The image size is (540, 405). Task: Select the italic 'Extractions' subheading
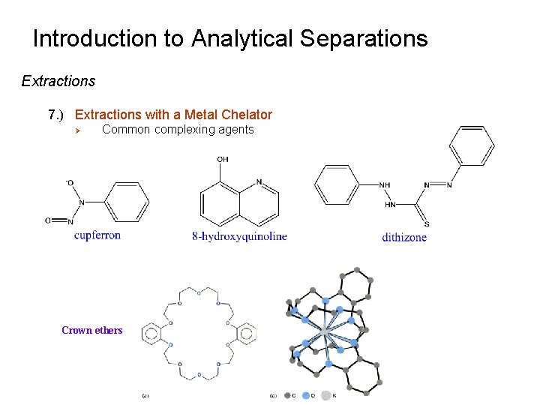pos(58,81)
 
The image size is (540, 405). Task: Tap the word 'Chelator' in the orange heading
pos(244,115)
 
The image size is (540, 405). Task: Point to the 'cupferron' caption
pos(97,235)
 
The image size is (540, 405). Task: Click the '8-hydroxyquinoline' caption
pos(239,236)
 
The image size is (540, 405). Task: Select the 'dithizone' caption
pos(404,237)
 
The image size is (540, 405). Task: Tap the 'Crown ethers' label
pos(91,330)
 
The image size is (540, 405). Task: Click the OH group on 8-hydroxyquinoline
pos(223,159)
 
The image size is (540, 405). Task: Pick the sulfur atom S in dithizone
pos(427,223)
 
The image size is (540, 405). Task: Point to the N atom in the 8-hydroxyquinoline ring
pos(259,181)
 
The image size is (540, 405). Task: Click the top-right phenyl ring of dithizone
pos(471,145)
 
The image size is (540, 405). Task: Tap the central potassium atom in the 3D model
pos(325,331)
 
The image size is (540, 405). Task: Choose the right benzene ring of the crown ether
pos(245,331)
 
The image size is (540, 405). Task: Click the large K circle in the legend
pos(325,395)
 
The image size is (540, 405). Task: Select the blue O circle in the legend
pos(305,395)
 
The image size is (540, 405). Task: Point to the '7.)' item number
pos(57,115)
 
